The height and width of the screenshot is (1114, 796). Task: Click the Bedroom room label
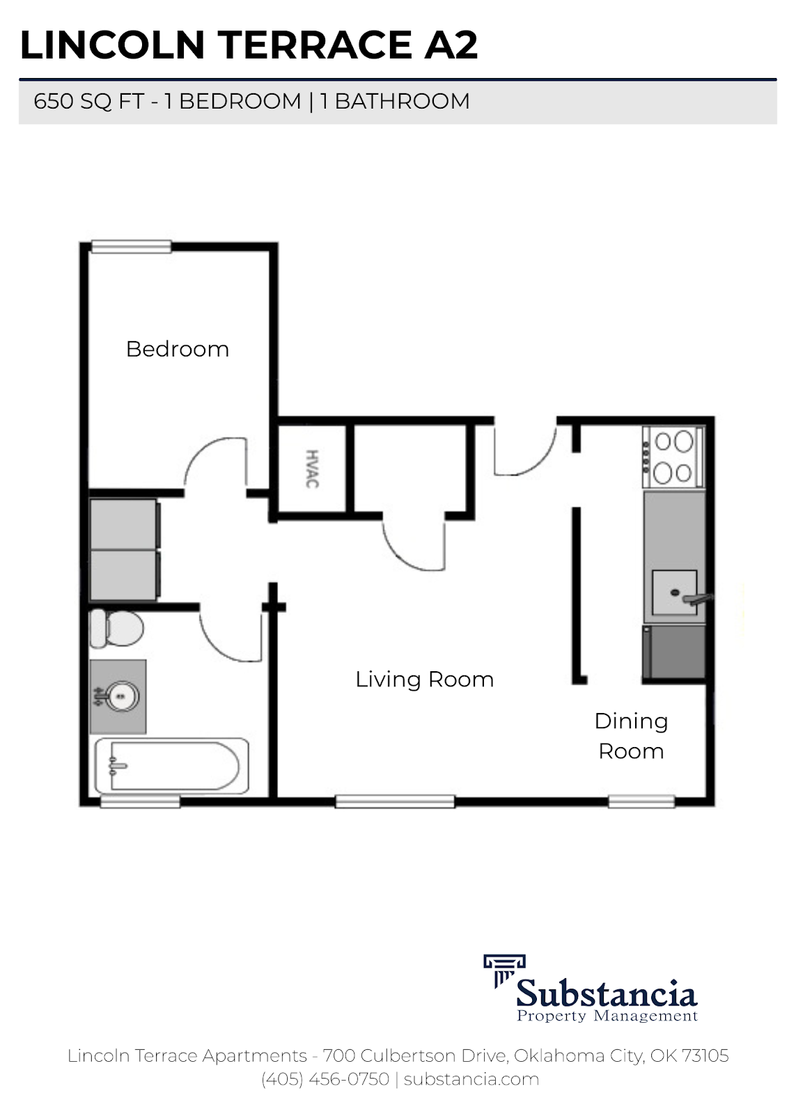(x=178, y=349)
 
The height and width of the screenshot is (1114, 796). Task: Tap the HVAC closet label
(x=312, y=469)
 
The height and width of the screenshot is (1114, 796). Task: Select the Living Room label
(x=424, y=680)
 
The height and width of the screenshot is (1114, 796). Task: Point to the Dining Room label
(x=631, y=736)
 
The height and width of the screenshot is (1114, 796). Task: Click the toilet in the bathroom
(x=116, y=628)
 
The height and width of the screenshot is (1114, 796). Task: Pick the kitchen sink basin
(x=673, y=593)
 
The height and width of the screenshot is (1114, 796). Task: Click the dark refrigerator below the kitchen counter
(x=673, y=652)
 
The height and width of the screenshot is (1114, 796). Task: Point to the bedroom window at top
(x=132, y=246)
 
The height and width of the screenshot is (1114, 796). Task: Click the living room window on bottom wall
(x=395, y=801)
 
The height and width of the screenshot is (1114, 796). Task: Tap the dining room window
(x=641, y=801)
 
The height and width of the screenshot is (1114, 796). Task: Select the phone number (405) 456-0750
(x=325, y=1079)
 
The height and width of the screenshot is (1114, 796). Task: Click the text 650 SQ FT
(x=88, y=102)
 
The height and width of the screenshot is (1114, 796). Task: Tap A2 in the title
(x=451, y=45)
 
